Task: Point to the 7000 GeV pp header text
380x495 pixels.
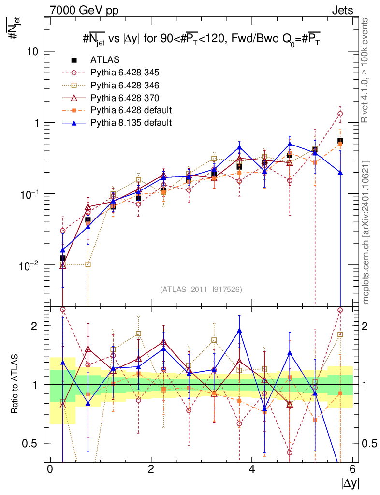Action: pos(84,11)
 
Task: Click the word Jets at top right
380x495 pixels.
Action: pos(342,11)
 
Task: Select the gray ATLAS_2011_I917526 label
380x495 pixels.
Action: pos(201,289)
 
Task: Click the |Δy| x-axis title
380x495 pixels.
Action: pos(351,483)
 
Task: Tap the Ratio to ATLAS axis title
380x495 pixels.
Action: pos(15,384)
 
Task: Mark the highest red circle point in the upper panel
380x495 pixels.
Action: pos(340,114)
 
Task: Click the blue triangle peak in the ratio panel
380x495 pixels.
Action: pos(239,331)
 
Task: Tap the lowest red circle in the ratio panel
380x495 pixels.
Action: pos(290,452)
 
